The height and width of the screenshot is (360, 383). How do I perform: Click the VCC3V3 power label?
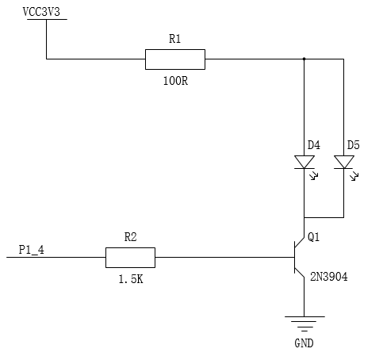point(41,12)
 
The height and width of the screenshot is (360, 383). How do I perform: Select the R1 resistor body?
point(175,59)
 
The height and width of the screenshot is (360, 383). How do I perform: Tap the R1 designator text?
point(174,39)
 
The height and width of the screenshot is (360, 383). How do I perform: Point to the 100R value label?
point(175,81)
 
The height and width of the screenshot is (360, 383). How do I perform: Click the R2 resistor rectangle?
point(130,258)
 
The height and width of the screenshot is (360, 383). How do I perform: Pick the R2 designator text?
point(130,237)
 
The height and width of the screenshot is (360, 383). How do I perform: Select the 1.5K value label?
point(131,279)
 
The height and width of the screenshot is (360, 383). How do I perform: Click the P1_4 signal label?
point(32,250)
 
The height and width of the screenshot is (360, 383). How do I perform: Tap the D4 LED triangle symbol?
point(304,162)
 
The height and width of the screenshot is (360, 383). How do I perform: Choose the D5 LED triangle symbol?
point(344,162)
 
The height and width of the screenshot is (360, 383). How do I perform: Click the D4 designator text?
point(314,145)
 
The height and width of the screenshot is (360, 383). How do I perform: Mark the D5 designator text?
point(354,145)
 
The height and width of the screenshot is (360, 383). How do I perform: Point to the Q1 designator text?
point(314,237)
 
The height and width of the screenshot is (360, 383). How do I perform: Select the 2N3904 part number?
point(329,277)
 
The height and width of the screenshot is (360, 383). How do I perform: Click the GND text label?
point(304,343)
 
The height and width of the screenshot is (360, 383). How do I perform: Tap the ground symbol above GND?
point(304,324)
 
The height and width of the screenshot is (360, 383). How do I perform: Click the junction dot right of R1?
point(304,59)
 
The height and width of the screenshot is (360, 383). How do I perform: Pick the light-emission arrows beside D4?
point(314,175)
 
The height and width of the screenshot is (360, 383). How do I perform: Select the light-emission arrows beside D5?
point(354,176)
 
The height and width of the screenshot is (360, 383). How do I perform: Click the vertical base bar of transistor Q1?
point(295,258)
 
